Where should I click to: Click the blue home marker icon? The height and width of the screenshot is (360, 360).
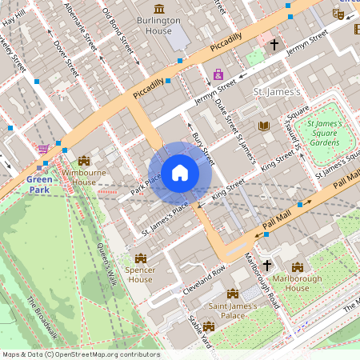pyautogui.click(x=180, y=172)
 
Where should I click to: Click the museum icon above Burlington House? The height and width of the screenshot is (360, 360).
pyautogui.click(x=159, y=9)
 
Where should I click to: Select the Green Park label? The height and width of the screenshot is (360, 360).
pyautogui.click(x=40, y=185)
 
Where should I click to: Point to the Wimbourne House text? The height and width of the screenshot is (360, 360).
pyautogui.click(x=84, y=177)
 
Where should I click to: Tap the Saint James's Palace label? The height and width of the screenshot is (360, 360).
pyautogui.click(x=233, y=310)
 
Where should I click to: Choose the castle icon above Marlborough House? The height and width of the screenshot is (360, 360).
pyautogui.click(x=298, y=267)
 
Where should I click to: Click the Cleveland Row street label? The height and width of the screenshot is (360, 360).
pyautogui.click(x=205, y=278)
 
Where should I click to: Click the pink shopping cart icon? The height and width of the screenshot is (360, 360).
pyautogui.click(x=42, y=149)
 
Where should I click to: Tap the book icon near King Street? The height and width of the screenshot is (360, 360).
pyautogui.click(x=264, y=126)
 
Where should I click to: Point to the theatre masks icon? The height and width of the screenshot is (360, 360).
pyautogui.click(x=338, y=14)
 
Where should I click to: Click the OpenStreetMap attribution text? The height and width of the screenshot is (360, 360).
pyautogui.click(x=80, y=354)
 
